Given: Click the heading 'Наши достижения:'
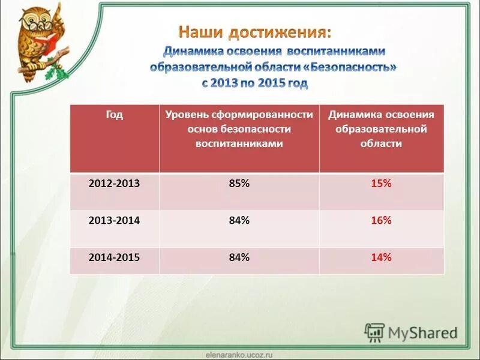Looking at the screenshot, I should tap(254, 32).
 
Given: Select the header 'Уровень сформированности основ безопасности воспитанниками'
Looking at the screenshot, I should tap(239, 129).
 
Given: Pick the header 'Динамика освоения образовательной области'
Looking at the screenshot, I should tap(381, 129).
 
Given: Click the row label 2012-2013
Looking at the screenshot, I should tap(114, 184).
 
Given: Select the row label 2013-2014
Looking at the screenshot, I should tap(114, 221).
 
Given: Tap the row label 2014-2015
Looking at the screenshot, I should tap(114, 257).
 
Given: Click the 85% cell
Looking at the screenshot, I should tap(239, 184).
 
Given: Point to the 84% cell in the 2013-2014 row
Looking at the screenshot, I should tap(239, 221).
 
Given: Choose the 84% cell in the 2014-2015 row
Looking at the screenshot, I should tap(239, 257).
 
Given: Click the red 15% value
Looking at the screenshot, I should tap(381, 184).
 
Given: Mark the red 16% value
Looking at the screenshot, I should tap(381, 221).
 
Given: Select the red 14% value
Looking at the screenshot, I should tap(381, 257).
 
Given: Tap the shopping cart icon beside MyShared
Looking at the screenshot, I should tap(375, 332).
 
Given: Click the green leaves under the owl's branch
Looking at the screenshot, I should tap(59, 73).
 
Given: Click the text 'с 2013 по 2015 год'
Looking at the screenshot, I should tap(254, 83).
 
